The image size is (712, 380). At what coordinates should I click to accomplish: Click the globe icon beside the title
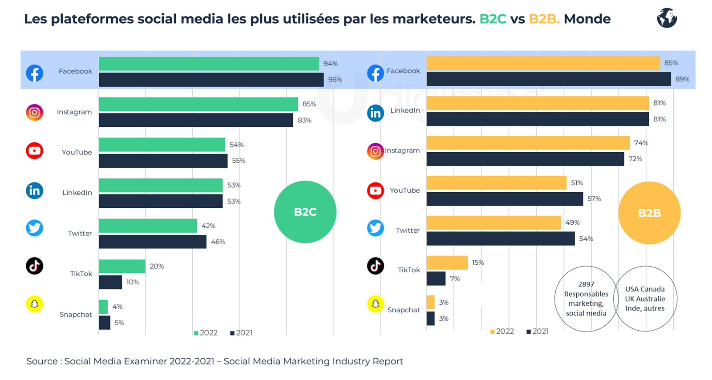click(x=667, y=18)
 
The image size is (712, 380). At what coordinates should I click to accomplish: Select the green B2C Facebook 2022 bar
click(x=209, y=64)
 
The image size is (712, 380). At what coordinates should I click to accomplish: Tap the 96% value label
click(x=335, y=80)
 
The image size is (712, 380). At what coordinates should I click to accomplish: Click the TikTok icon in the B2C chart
click(x=34, y=266)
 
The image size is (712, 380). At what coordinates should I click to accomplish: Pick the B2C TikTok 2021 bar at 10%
click(x=110, y=282)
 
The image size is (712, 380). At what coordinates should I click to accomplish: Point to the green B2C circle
click(x=305, y=212)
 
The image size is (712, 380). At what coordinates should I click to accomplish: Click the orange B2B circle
click(x=649, y=213)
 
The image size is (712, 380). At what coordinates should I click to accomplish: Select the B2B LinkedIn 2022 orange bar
click(x=537, y=103)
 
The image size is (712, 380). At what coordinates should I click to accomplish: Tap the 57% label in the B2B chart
click(x=594, y=199)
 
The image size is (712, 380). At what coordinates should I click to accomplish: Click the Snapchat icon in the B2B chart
click(x=375, y=304)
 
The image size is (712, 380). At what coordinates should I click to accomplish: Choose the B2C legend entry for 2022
click(x=206, y=333)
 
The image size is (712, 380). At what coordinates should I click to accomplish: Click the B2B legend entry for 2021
click(x=538, y=331)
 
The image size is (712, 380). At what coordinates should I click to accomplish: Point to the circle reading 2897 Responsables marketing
click(x=586, y=299)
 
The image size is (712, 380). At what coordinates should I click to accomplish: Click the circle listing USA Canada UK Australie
click(x=645, y=299)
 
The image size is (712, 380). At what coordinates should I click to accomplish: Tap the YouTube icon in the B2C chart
click(x=34, y=151)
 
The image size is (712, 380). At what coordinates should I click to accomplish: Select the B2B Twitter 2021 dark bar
click(x=500, y=239)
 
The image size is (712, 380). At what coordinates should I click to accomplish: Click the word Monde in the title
click(x=587, y=19)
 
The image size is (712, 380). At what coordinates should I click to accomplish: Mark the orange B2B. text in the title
click(x=544, y=19)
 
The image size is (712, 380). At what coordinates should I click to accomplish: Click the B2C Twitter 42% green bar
click(x=148, y=226)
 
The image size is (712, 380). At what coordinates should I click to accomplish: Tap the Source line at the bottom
click(x=214, y=361)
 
